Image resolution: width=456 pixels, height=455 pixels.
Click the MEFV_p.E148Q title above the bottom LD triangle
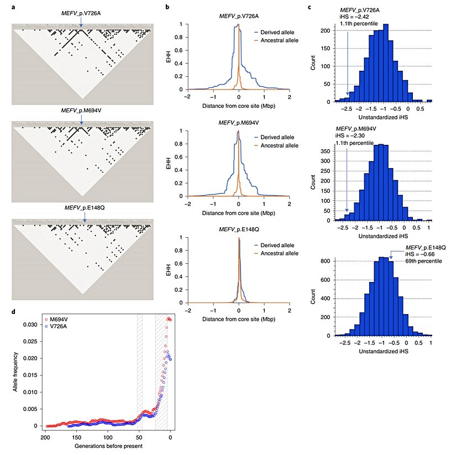click(x=84, y=208)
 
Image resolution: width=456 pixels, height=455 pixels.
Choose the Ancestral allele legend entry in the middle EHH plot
click(x=279, y=145)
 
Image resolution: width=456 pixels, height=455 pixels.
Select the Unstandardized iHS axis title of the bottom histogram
click(x=383, y=351)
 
